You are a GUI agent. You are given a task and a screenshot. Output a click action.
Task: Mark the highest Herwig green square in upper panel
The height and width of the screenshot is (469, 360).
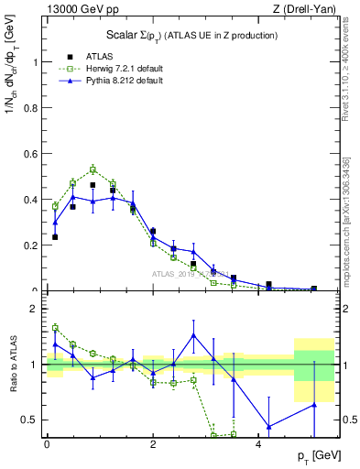coord(93,169)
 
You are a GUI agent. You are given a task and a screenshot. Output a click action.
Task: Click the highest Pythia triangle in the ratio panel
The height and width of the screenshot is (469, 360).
coord(193,334)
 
